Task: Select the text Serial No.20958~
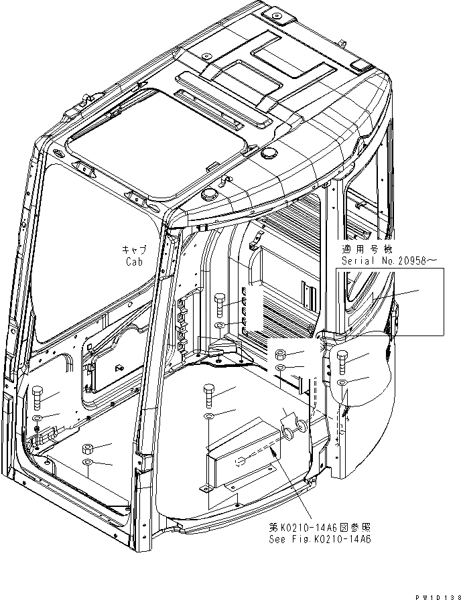click(383, 260)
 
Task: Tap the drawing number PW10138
click(436, 593)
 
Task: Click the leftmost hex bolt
click(38, 399)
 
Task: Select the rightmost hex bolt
click(342, 362)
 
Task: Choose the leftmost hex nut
click(87, 448)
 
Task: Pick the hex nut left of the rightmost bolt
click(281, 354)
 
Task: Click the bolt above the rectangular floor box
click(208, 396)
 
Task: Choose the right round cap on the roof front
click(270, 153)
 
